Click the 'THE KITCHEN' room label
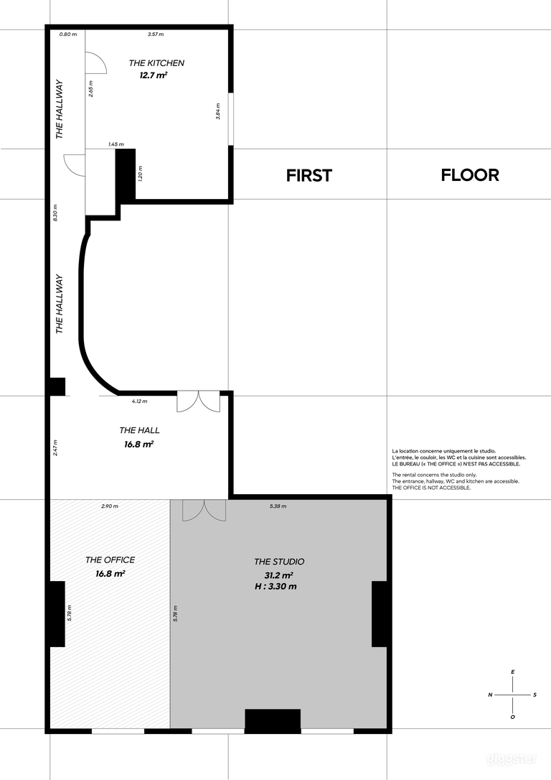[x=156, y=63]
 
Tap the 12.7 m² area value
[x=154, y=75]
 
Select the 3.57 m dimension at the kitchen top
[x=156, y=34]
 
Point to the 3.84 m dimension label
[x=218, y=111]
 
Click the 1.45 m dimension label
[x=116, y=144]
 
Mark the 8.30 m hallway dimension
[x=55, y=213]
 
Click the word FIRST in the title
[x=309, y=175]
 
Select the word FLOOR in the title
[x=470, y=175]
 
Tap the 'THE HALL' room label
[x=140, y=430]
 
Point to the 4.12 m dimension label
[x=140, y=401]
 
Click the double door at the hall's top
[x=198, y=401]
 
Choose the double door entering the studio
[x=204, y=511]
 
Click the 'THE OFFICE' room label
[x=110, y=560]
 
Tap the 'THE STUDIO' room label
[x=279, y=562]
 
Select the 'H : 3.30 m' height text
[x=275, y=587]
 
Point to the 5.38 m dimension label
[x=278, y=506]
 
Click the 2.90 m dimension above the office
[x=110, y=506]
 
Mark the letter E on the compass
[x=513, y=672]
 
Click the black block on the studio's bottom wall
[x=273, y=721]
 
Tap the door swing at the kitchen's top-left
[x=95, y=62]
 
